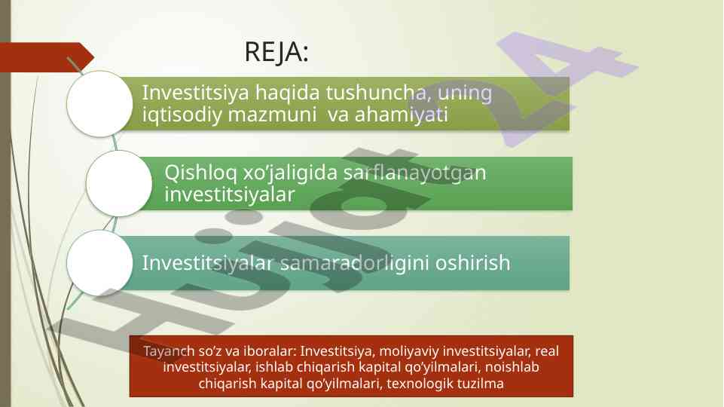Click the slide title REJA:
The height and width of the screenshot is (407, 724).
[276, 52]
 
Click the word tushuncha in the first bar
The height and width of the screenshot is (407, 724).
[379, 93]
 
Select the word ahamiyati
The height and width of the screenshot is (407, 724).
[401, 115]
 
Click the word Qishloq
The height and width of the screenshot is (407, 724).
[200, 173]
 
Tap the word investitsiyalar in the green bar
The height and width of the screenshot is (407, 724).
[230, 194]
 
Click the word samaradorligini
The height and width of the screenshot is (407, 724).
[355, 263]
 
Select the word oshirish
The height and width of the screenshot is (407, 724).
[473, 263]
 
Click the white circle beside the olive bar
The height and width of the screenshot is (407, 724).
[99, 103]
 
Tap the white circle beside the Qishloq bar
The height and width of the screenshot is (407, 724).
[119, 183]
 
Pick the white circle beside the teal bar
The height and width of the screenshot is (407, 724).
[99, 263]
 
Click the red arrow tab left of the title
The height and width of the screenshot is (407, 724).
[46, 57]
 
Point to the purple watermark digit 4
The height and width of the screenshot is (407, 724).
[568, 87]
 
